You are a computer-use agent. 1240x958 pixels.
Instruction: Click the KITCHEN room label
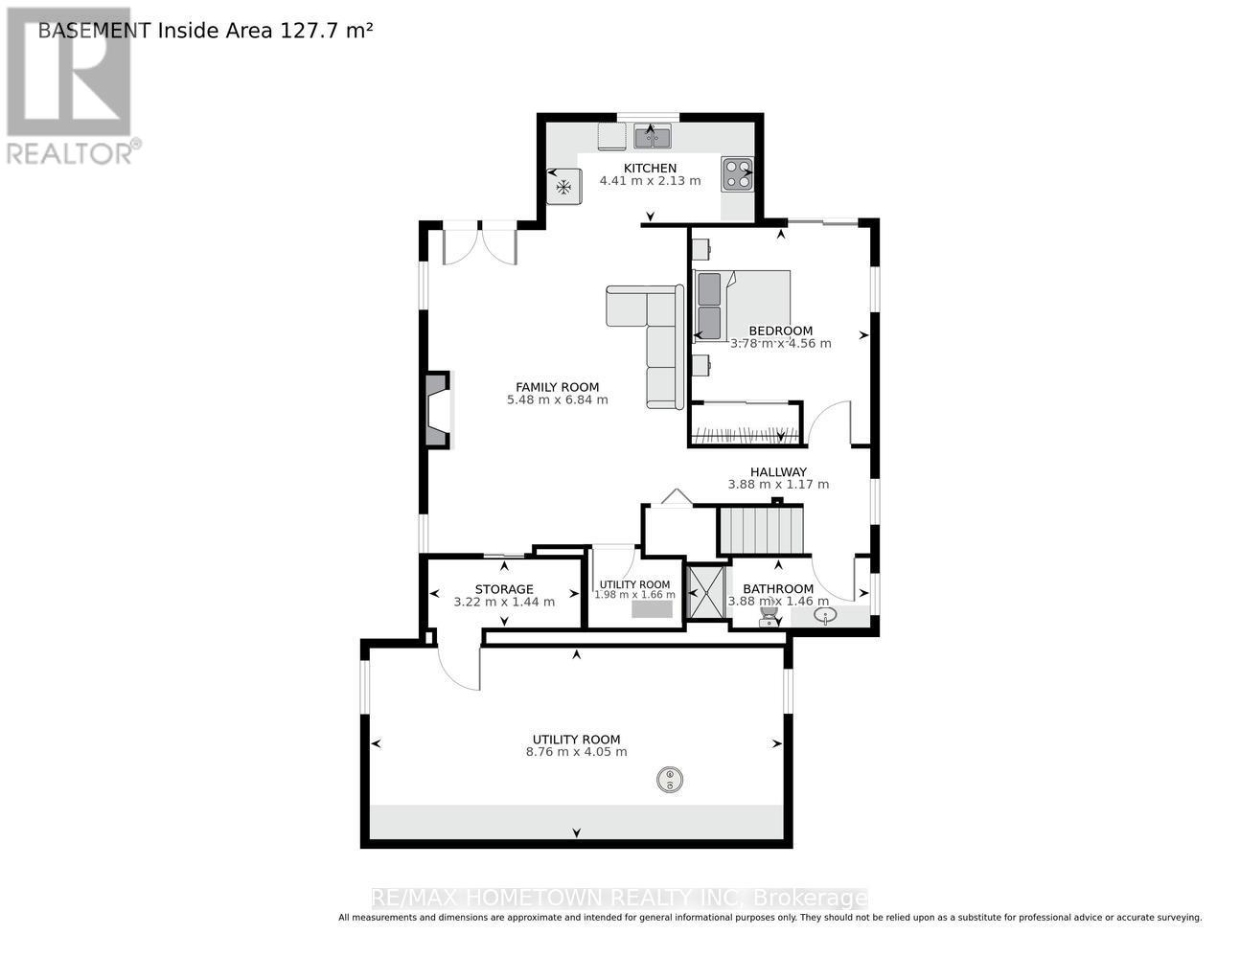point(650,168)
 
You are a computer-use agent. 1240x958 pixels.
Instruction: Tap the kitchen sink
point(652,138)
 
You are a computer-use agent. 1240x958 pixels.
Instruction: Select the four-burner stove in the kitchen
point(737,172)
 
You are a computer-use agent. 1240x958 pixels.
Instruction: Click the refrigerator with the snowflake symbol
point(563,186)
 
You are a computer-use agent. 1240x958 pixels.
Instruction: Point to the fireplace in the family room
point(436,410)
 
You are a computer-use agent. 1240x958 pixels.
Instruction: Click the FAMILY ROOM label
point(557,387)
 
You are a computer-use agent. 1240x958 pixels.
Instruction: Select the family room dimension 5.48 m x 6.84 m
point(557,400)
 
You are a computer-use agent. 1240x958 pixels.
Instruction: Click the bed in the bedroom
point(743,306)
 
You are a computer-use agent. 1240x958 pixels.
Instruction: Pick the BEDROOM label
point(780,331)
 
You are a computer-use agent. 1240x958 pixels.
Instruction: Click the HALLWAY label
point(777,471)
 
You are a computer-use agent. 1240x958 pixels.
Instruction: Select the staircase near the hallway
point(764,531)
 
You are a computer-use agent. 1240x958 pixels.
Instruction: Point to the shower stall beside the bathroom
point(708,593)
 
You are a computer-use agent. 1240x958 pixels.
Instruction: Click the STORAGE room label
point(504,589)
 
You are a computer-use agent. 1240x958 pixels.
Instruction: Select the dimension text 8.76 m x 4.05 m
point(576,752)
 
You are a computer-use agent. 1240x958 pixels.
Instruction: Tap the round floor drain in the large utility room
point(669,780)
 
